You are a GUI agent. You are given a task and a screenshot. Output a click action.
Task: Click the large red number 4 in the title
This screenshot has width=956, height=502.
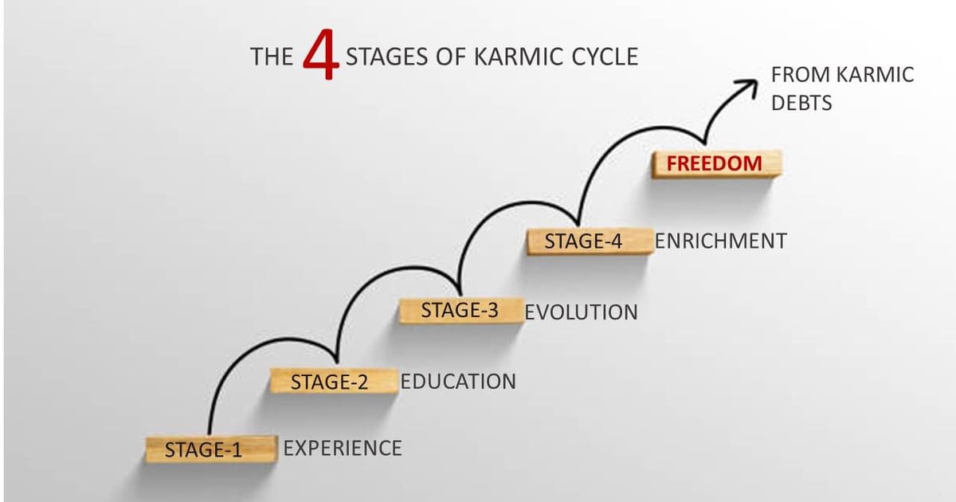pos(322,57)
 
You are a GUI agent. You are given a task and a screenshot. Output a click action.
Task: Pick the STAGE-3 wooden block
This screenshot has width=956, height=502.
pos(460,311)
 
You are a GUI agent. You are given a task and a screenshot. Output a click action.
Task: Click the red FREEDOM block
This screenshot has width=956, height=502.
pos(715,164)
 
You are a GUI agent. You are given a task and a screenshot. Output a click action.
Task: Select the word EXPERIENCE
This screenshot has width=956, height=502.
pos(343,449)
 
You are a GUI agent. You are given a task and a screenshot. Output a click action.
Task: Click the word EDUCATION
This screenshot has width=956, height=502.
pos(458,382)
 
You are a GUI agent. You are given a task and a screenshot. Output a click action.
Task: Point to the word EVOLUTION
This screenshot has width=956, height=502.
pos(582,312)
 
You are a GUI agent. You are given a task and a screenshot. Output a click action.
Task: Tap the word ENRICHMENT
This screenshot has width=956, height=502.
pos(720,241)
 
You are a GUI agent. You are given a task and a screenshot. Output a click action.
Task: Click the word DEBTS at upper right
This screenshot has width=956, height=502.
pos(801,104)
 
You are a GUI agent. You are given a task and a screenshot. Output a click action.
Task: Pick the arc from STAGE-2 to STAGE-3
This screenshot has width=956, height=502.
pos(390,275)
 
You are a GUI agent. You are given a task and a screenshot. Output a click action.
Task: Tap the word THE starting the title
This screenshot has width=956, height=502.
pos(272,57)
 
